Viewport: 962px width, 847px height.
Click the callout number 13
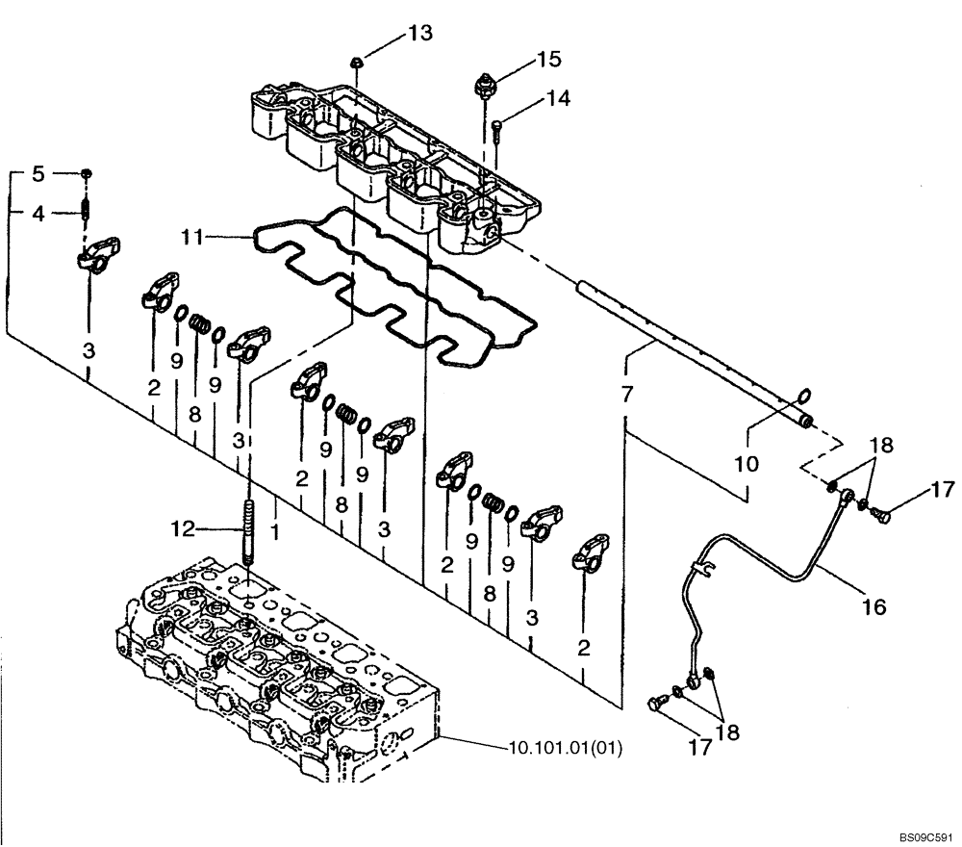tap(419, 34)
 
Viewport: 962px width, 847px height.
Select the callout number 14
tap(559, 97)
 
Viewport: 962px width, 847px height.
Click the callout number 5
tap(38, 174)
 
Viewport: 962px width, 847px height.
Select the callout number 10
tap(747, 464)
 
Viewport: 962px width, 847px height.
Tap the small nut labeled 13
tap(358, 63)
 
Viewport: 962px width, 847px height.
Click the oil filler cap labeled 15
tap(486, 85)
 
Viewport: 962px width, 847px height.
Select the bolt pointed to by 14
tap(496, 127)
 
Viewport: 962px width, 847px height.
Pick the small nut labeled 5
tap(87, 173)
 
